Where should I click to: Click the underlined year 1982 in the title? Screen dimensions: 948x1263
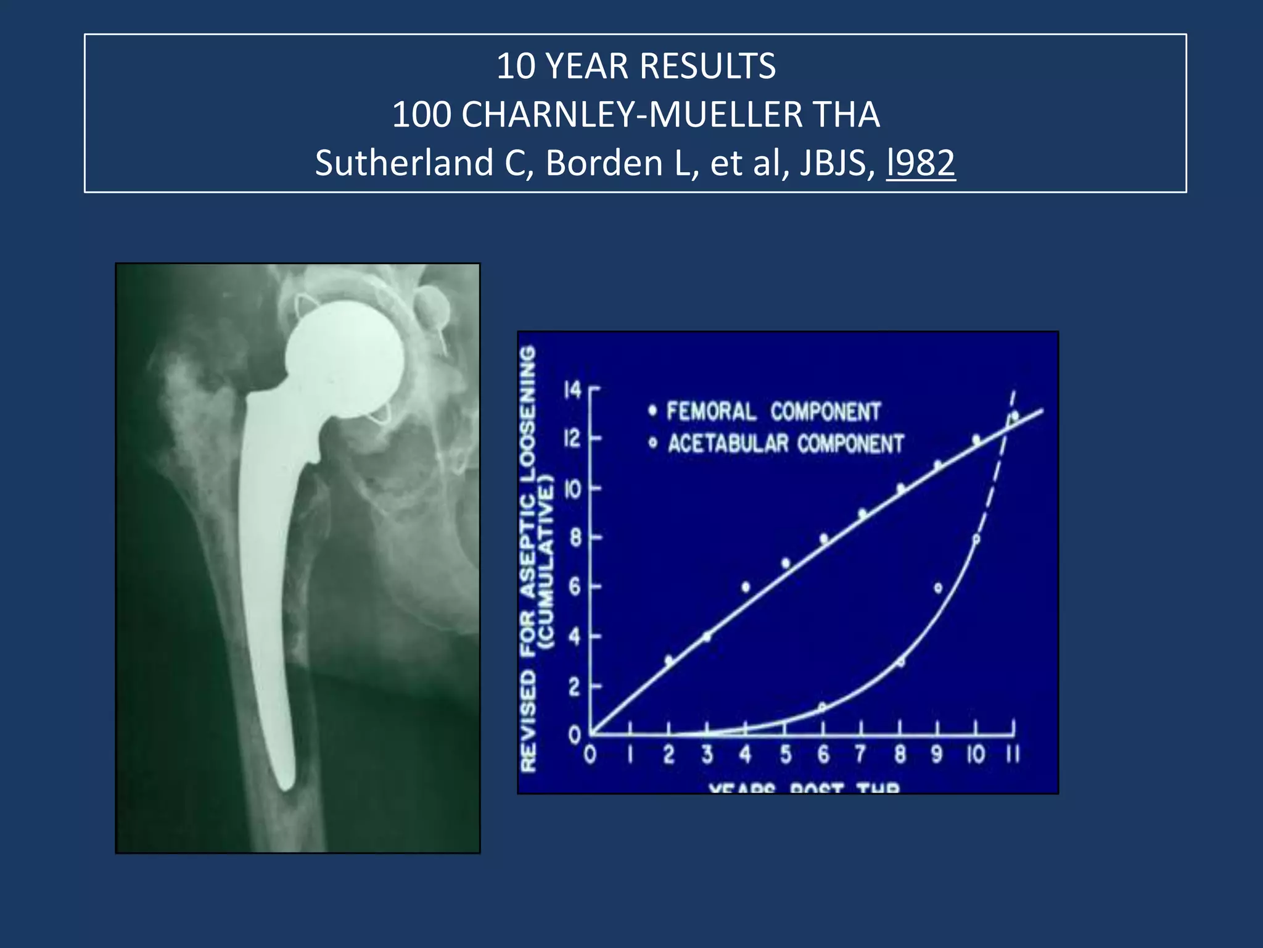(x=921, y=163)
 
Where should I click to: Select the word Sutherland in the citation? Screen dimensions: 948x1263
(x=403, y=163)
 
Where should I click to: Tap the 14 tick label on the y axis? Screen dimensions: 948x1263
(x=573, y=390)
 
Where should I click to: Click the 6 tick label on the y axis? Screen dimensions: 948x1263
(x=575, y=586)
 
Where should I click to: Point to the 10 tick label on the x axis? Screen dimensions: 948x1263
(x=975, y=755)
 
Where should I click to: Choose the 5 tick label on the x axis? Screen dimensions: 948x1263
(x=785, y=755)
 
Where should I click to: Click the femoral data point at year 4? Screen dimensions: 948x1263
(x=746, y=587)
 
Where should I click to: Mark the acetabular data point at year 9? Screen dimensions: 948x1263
(x=938, y=588)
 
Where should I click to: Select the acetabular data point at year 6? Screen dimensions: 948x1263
(x=822, y=707)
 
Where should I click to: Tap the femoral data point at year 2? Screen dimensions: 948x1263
(x=669, y=660)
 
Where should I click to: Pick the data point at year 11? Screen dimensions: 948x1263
(x=1014, y=415)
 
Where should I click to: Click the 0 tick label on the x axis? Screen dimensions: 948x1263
(x=590, y=755)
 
